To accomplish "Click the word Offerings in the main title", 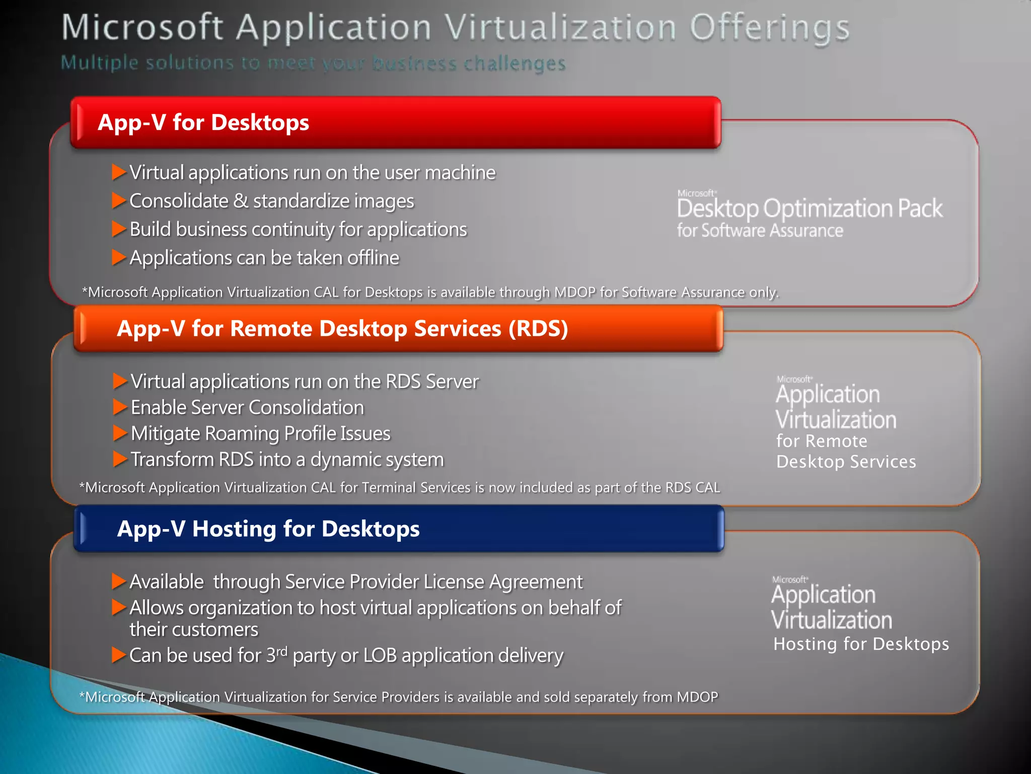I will click(x=769, y=28).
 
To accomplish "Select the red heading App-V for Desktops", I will click(x=203, y=122).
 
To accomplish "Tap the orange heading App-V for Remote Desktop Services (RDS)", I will click(x=342, y=329).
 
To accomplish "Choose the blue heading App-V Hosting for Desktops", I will click(x=268, y=529).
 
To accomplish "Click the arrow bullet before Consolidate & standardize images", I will click(x=118, y=201).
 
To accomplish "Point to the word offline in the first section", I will click(x=373, y=258).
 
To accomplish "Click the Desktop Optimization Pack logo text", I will click(x=809, y=209).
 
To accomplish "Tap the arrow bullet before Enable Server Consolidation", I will click(x=119, y=407).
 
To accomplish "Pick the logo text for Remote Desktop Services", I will click(x=846, y=451).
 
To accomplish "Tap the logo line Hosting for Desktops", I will click(x=861, y=644).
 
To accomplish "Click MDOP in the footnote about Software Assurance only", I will click(x=574, y=292).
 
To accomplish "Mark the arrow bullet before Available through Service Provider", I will click(x=118, y=582).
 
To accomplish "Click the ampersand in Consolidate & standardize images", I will click(x=241, y=201).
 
